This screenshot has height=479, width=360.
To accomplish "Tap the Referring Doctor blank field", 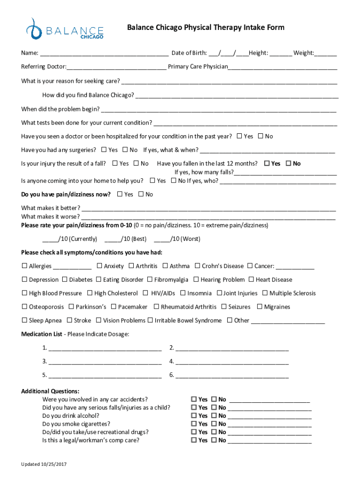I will point(116,67).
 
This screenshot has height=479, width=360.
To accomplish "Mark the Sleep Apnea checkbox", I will point(24,320).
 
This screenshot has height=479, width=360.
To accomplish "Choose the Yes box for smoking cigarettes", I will point(194,424).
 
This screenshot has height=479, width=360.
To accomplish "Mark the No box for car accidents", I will point(214,399).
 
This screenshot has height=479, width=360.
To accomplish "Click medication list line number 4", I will point(232,361).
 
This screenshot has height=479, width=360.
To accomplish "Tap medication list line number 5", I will point(105,375).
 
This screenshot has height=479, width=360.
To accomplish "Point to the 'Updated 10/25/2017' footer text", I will point(45,464).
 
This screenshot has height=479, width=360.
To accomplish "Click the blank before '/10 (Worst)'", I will point(161,239).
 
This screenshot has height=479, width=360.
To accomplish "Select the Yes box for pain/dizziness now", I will point(120,194).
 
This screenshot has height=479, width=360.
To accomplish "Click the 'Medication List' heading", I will point(42,334).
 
